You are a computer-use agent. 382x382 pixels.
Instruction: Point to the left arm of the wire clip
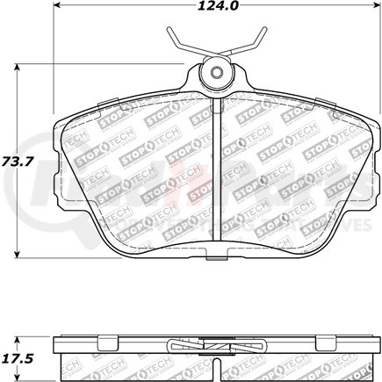point(178,41)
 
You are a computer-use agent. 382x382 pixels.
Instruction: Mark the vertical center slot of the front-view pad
point(216,176)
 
